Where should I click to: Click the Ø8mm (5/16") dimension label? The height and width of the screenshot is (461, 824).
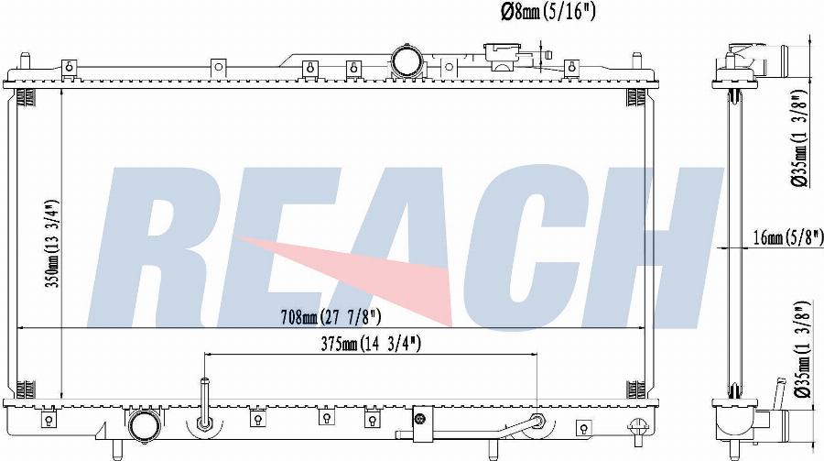pyautogui.click(x=548, y=12)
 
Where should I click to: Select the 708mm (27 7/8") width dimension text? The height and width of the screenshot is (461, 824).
pyautogui.click(x=331, y=317)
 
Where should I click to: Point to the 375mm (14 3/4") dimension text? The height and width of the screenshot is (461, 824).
pyautogui.click(x=371, y=345)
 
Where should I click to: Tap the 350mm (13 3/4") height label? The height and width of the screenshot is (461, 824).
pyautogui.click(x=51, y=243)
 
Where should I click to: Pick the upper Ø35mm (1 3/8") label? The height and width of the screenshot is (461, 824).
pyautogui.click(x=798, y=138)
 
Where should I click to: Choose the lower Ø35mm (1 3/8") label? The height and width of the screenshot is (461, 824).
pyautogui.click(x=800, y=350)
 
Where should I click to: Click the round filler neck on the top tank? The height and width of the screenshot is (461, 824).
pyautogui.click(x=407, y=61)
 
